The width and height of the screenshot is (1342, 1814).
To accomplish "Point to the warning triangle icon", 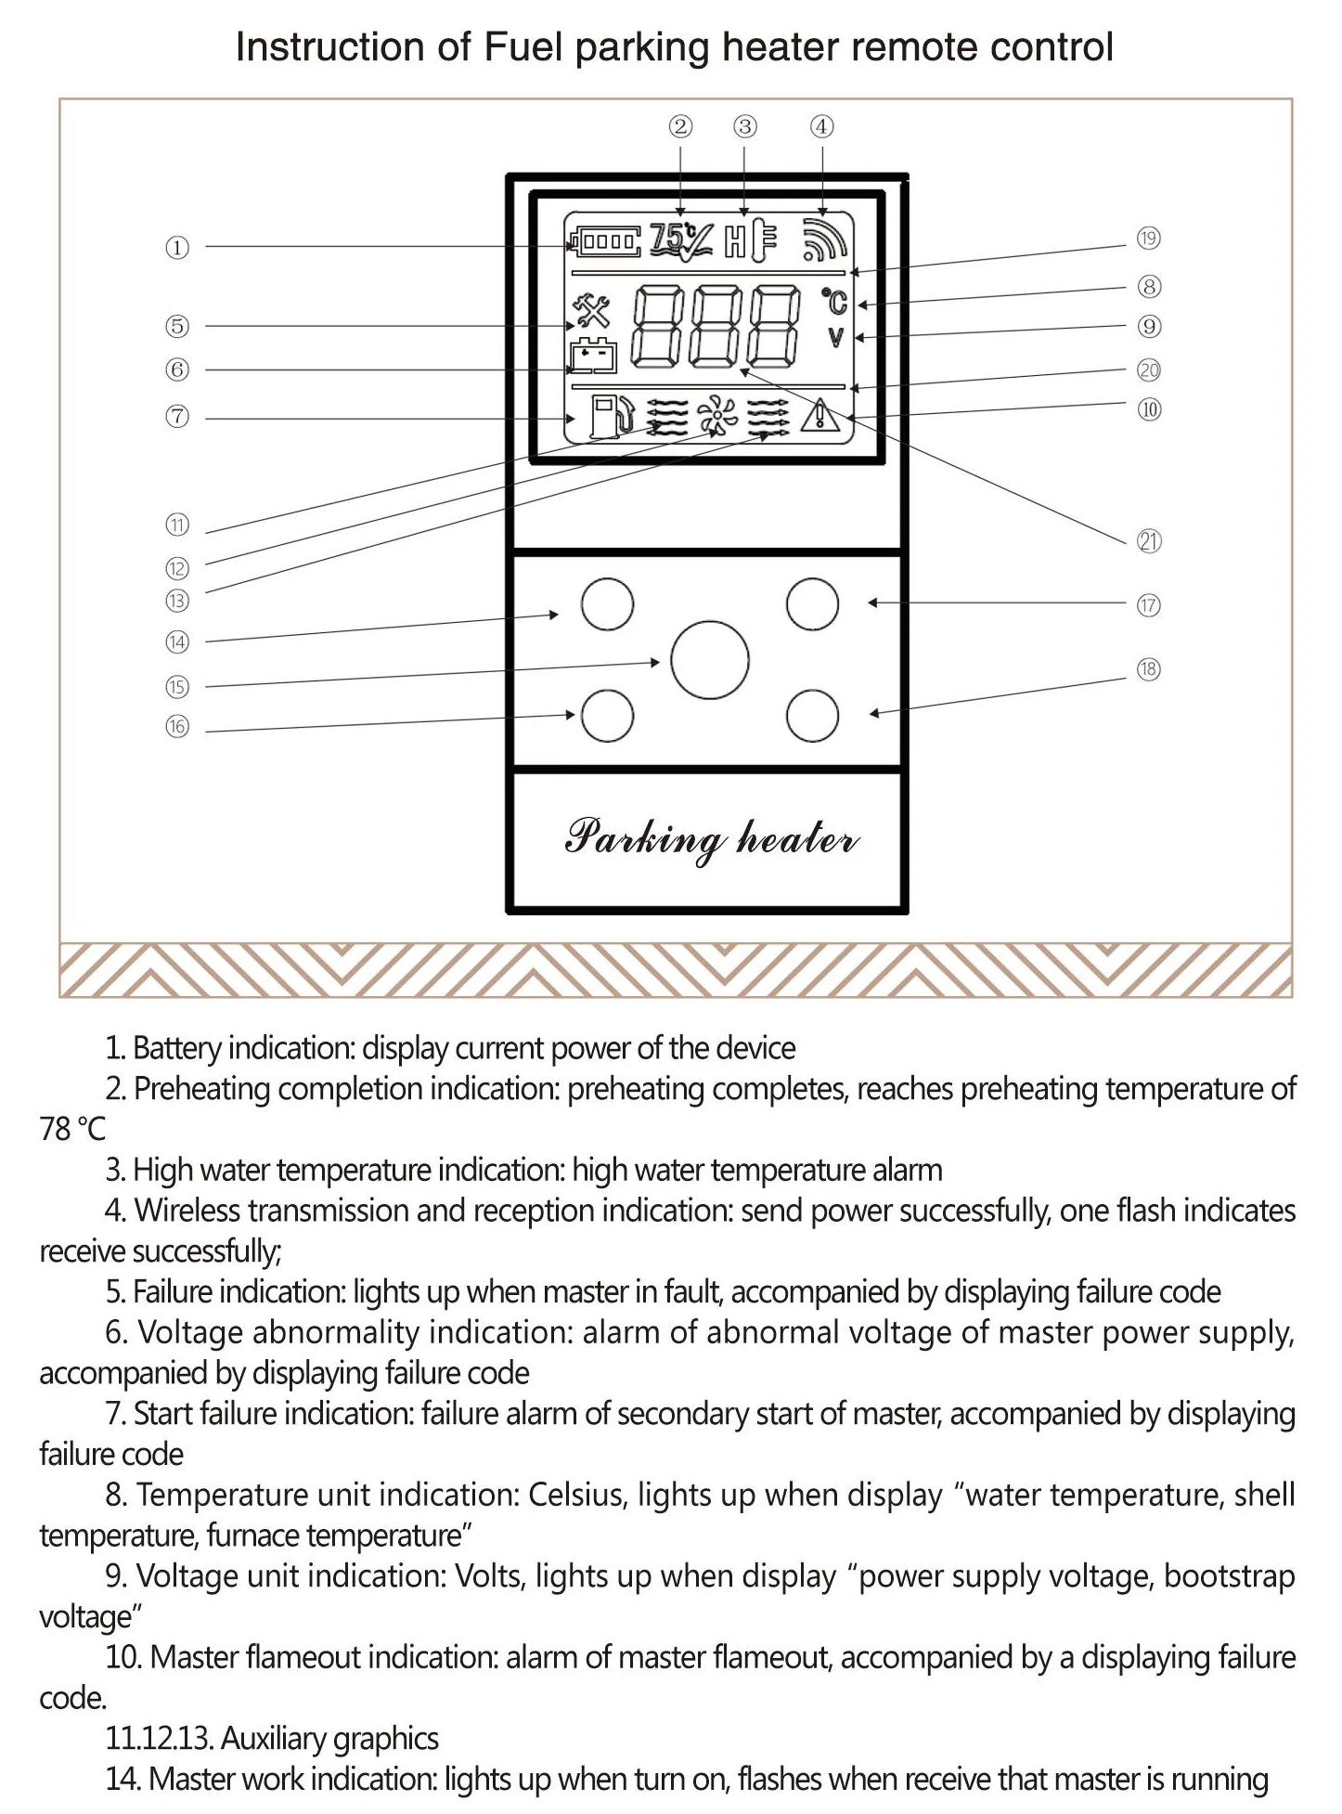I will (820, 415).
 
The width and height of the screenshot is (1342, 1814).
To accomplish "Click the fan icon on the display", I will (716, 416).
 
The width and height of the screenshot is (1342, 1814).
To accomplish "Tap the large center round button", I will (710, 660).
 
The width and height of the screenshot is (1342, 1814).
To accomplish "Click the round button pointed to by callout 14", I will (608, 603).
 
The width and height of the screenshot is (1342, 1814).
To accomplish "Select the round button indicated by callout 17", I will (812, 603).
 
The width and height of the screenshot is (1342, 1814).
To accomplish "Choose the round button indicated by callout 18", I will (812, 716).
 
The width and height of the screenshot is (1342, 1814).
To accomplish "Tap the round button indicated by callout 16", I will (608, 716).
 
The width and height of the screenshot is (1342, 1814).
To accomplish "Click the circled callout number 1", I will (177, 248).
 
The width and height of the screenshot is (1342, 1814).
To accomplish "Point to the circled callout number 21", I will (1149, 541).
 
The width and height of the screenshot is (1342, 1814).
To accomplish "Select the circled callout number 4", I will (821, 127).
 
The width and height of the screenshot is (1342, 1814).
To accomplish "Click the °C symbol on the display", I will (835, 302).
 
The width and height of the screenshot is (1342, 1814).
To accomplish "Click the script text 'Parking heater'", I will (711, 838).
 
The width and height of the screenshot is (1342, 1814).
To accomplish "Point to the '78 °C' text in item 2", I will (72, 1130).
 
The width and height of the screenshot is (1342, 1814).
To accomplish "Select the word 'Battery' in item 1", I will (176, 1048).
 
